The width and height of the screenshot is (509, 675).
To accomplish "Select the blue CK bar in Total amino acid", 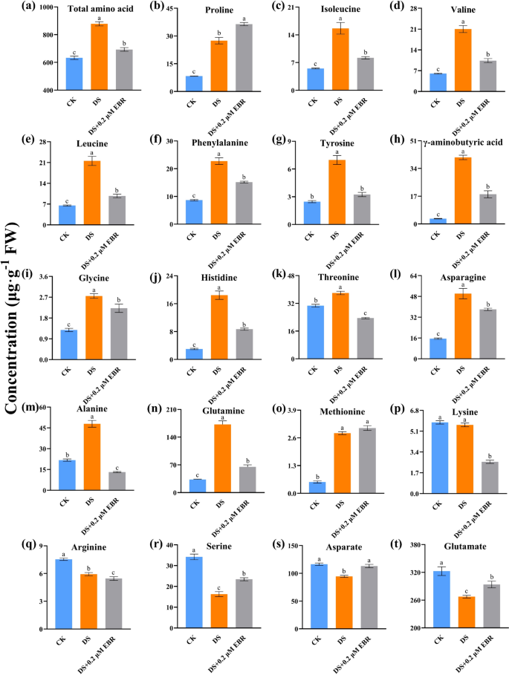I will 73,74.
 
